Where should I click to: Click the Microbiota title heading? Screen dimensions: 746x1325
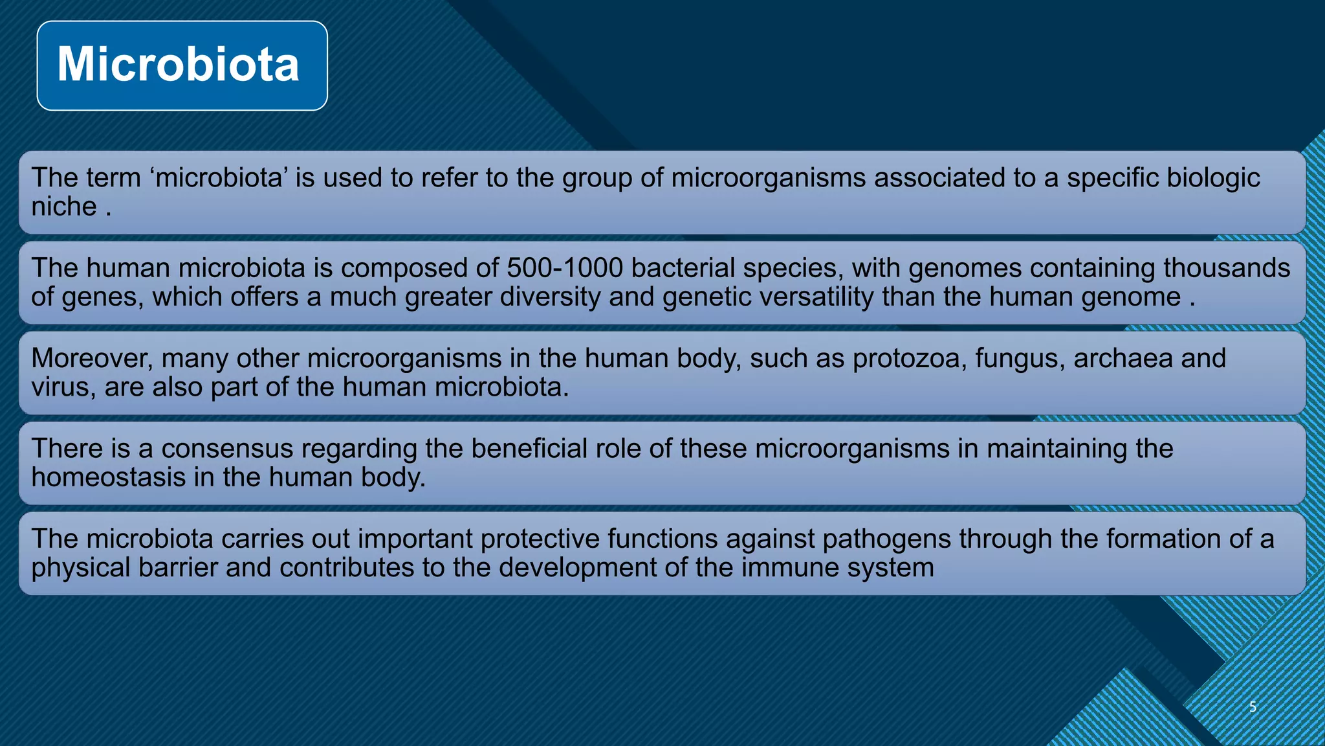pyautogui.click(x=179, y=65)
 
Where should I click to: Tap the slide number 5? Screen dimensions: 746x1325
pyautogui.click(x=1253, y=706)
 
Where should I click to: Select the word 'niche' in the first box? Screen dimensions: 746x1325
pyautogui.click(x=64, y=207)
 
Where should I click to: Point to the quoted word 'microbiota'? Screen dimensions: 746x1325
pyautogui.click(x=220, y=178)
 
